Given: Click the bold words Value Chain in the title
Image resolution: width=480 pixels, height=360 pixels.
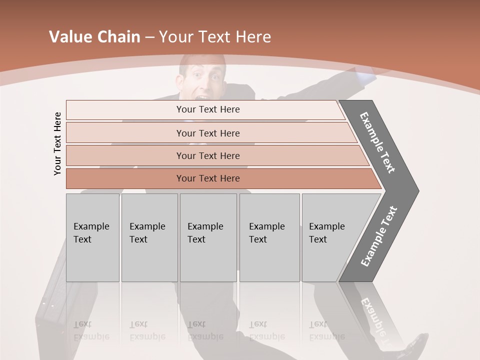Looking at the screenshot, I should (x=94, y=37).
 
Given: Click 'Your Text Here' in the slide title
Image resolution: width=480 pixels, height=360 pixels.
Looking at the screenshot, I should (x=215, y=37).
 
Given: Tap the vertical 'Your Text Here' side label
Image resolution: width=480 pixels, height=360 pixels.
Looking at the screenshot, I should (x=57, y=143).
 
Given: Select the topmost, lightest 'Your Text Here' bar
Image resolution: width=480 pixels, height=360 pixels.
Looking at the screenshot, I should (x=207, y=109).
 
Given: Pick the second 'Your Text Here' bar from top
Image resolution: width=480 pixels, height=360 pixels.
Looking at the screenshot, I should (x=207, y=133).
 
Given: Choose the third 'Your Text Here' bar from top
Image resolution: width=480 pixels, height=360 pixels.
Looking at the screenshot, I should (x=207, y=155).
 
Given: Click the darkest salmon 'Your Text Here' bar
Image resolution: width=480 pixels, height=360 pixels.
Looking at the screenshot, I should (x=207, y=178).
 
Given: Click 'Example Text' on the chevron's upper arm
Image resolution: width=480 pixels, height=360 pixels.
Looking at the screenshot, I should (x=377, y=142).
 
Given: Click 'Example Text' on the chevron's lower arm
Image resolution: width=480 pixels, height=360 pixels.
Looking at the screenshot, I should (x=379, y=236).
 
